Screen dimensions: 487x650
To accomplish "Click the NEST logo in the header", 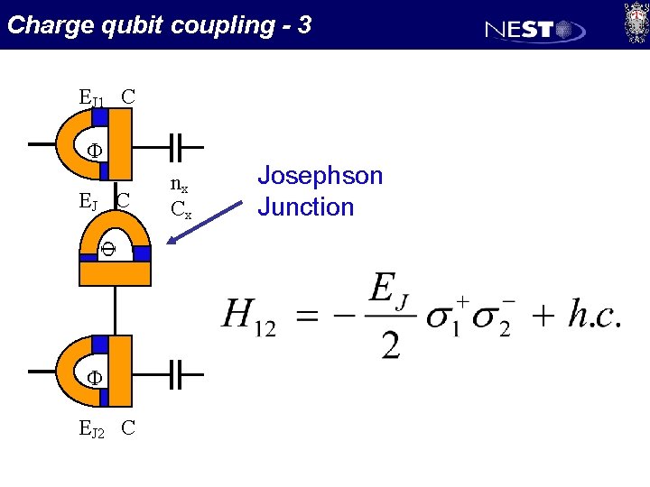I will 535,30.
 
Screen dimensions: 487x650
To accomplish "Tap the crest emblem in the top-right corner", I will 636,22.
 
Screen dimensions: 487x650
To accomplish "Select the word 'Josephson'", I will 320,176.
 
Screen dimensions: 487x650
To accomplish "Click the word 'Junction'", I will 306,207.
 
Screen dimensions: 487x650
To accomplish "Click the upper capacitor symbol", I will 179,144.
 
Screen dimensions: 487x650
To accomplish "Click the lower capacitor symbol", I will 179,372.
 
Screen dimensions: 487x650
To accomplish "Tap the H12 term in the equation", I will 248,317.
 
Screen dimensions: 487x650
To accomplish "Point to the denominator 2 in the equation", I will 391,344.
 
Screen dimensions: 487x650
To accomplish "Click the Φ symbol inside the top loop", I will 93,151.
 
